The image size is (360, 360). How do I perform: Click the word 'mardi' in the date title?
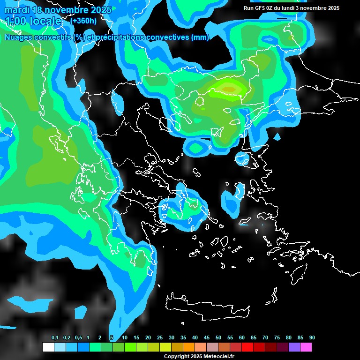click(x=16, y=10)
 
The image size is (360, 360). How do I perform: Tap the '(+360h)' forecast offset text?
click(x=84, y=21)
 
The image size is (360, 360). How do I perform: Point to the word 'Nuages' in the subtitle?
click(x=19, y=37)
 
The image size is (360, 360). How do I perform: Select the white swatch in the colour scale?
click(x=48, y=347)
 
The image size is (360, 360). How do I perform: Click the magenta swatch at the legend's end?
click(x=306, y=347)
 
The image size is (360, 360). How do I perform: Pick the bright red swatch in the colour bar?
click(x=247, y=347)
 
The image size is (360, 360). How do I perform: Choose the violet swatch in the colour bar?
click(x=294, y=347)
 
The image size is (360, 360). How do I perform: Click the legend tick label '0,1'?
click(x=55, y=337)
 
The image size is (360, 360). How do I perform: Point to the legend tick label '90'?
click(x=312, y=337)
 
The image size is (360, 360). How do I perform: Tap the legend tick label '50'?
click(x=218, y=337)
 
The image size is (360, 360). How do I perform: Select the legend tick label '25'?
click(x=160, y=337)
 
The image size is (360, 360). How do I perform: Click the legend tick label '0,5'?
click(x=78, y=337)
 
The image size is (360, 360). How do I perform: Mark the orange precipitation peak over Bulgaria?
click(x=229, y=89)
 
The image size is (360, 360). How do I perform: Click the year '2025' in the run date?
click(x=333, y=8)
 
